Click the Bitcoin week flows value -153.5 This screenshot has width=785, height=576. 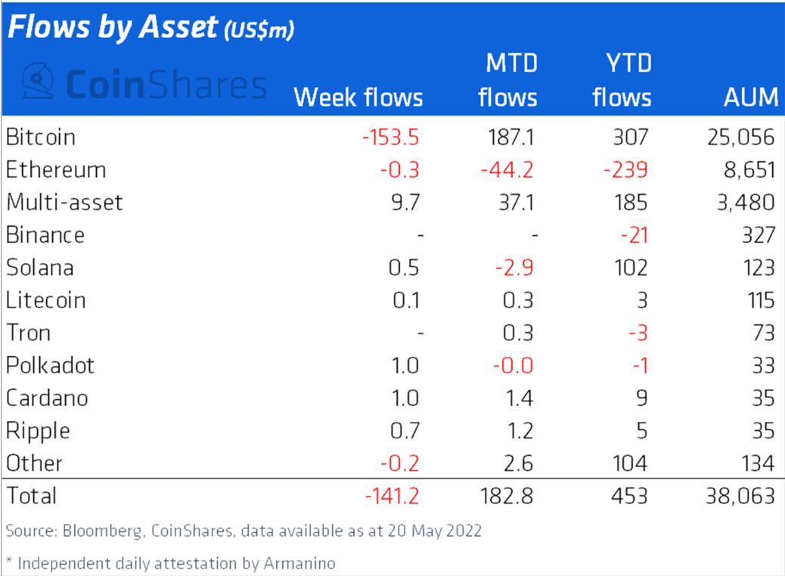[x=390, y=138]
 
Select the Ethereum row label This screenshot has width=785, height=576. [x=56, y=170]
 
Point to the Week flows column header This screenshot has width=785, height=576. [x=358, y=98]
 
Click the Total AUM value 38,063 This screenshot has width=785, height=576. [x=738, y=496]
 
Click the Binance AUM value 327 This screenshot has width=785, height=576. [x=758, y=235]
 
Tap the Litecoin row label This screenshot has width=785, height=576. [x=45, y=300]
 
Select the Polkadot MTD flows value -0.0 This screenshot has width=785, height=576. [x=512, y=366]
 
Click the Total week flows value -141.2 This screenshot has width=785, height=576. [x=391, y=496]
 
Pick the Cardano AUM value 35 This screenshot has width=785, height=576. [x=762, y=398]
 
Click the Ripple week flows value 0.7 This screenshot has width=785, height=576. [x=405, y=431]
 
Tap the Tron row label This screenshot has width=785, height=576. [x=29, y=333]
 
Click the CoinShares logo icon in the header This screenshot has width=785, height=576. [x=36, y=82]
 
